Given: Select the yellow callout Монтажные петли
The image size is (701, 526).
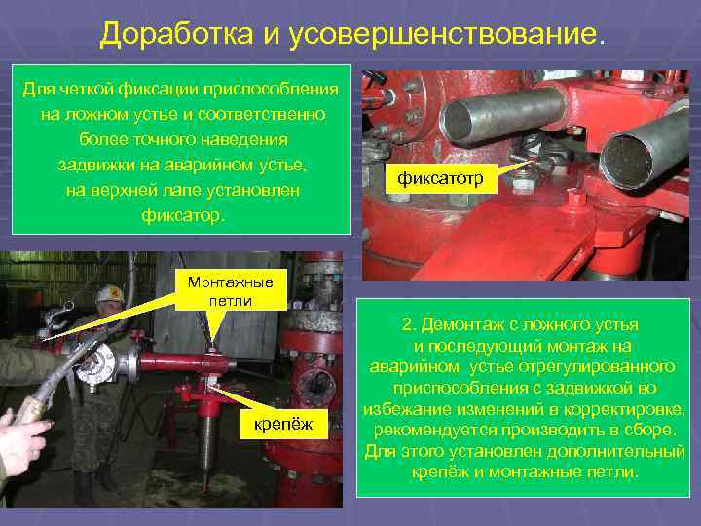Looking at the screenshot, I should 230,291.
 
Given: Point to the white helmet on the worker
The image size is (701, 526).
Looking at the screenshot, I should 111,292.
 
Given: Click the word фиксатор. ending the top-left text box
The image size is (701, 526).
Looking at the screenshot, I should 183,212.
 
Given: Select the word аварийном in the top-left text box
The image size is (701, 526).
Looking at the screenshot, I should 223,162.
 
